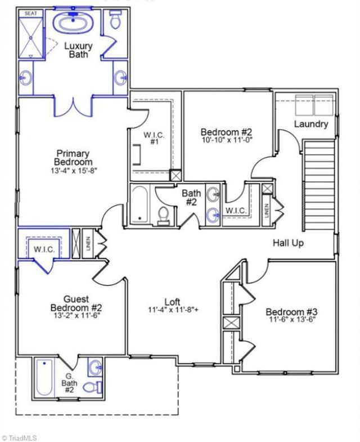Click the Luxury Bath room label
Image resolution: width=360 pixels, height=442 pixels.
tap(78, 50)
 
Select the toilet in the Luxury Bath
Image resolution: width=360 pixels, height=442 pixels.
tap(115, 20)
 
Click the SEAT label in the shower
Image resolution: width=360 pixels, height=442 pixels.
tap(30, 14)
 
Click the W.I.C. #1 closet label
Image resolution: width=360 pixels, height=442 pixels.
tap(154, 138)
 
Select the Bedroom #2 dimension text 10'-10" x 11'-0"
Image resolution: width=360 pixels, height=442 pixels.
tap(226, 139)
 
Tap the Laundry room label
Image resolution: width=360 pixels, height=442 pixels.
tap(311, 124)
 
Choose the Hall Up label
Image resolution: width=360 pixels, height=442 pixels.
tap(288, 243)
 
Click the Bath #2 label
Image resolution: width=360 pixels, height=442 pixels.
tap(192, 197)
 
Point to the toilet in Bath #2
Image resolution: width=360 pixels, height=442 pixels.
tap(163, 216)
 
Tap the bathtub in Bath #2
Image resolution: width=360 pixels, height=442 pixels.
tap(139, 204)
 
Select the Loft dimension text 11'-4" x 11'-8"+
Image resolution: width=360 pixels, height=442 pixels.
tap(173, 310)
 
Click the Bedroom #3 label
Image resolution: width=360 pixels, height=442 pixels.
tap(291, 312)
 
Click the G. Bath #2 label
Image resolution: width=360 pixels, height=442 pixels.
tap(69, 382)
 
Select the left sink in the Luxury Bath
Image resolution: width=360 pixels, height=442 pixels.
tap(25, 78)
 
